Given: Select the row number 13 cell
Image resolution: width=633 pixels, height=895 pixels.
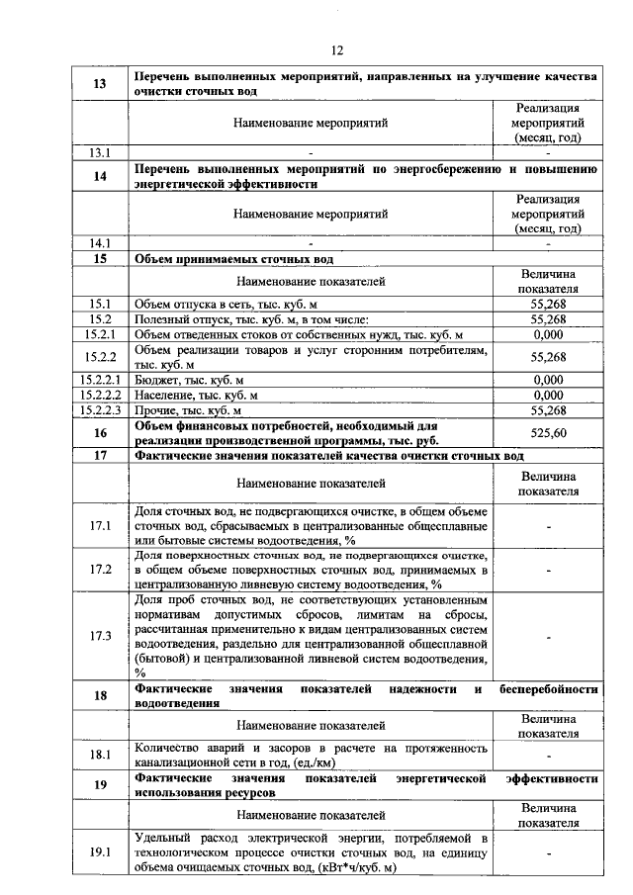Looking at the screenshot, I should point(99,84).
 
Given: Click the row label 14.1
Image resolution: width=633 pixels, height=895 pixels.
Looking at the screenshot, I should point(99,242).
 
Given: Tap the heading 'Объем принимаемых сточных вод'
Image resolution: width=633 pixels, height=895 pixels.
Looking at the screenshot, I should point(233,259).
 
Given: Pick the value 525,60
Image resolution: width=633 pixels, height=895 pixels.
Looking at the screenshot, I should point(548,433).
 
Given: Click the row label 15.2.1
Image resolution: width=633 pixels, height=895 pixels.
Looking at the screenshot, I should point(99,335).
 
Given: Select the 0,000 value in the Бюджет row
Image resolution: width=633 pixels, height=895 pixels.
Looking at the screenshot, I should point(548,380).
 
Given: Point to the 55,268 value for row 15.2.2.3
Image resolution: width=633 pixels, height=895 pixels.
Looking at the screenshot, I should point(548,410).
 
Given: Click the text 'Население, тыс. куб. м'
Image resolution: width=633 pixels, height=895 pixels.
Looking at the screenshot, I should point(196,396).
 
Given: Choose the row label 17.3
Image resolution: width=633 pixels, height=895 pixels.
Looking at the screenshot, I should point(99,635).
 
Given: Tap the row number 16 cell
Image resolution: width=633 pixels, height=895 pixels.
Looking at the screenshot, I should point(99,433).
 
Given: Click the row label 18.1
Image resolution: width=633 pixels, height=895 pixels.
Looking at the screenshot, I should point(99,756).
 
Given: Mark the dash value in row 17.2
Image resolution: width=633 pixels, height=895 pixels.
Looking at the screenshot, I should point(548,571).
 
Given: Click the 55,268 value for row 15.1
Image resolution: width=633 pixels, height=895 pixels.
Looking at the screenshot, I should point(548,305).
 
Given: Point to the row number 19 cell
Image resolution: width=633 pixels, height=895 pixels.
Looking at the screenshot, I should point(99,787).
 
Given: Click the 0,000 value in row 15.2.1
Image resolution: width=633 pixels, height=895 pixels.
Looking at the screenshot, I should point(548,335).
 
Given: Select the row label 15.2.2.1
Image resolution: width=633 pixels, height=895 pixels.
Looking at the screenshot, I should point(99,380).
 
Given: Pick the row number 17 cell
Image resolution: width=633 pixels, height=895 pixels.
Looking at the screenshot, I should point(99,456).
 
